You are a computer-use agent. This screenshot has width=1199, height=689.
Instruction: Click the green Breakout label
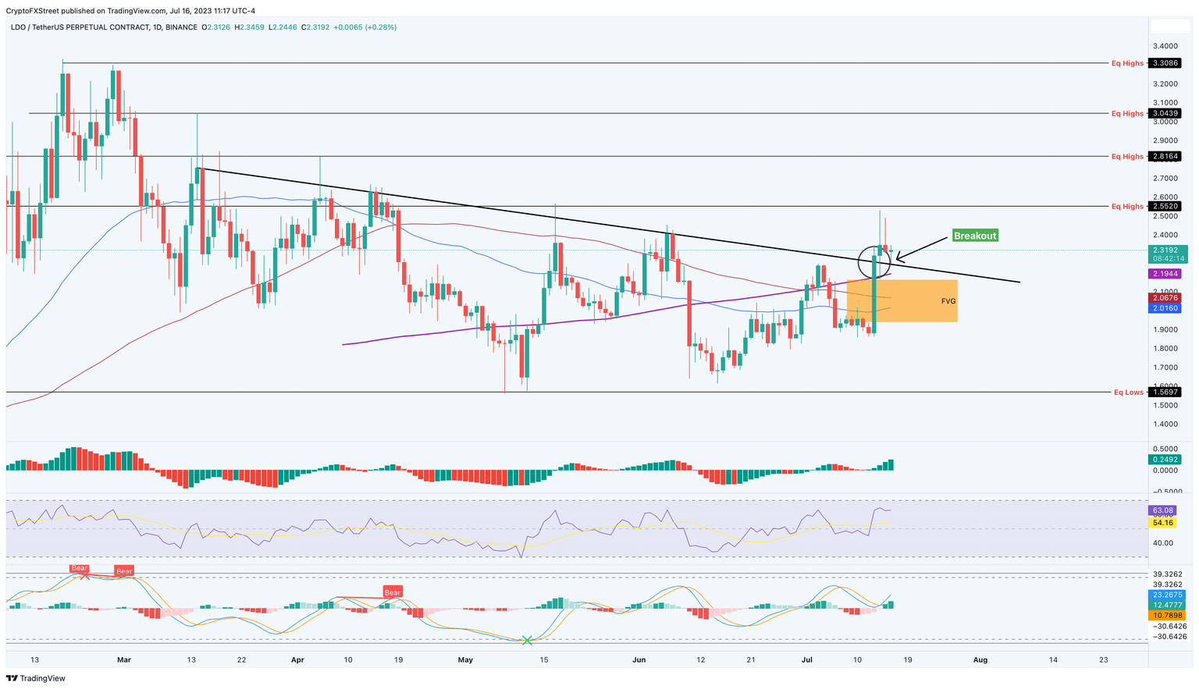click(974, 236)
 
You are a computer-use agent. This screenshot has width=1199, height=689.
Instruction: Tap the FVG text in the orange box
click(948, 301)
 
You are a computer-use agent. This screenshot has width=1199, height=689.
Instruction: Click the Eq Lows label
click(1128, 392)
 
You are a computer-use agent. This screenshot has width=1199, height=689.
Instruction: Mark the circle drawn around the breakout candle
click(874, 261)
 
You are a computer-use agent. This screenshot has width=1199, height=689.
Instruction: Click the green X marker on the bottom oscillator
click(527, 641)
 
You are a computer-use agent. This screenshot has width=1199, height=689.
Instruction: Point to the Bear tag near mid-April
click(392, 592)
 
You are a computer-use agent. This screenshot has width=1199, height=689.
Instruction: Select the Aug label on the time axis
click(980, 659)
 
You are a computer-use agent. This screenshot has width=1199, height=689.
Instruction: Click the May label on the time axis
click(465, 659)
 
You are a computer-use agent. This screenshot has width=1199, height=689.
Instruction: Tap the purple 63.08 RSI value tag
click(1162, 510)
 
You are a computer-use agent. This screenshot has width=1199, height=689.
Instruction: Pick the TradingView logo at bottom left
click(37, 678)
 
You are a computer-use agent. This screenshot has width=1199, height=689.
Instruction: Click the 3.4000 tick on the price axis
click(1165, 46)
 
